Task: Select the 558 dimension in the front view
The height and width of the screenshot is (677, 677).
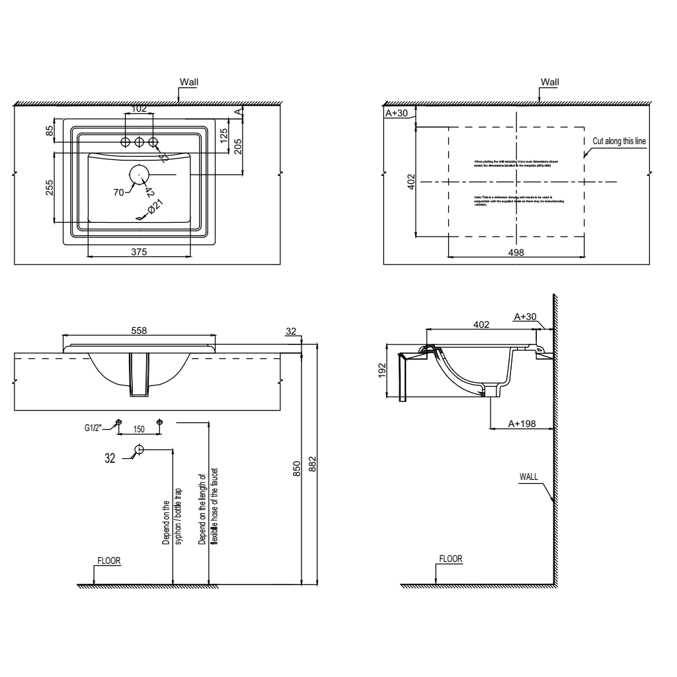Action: tap(138, 330)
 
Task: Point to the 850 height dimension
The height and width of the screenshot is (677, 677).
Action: tap(298, 469)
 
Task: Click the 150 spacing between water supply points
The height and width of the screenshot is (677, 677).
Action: tap(139, 429)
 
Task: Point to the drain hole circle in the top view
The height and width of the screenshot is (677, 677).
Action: tap(139, 174)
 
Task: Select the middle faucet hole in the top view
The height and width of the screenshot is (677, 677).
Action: tap(139, 142)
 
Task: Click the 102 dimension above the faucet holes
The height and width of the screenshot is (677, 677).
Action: tap(139, 108)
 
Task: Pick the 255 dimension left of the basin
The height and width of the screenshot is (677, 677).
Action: tap(50, 187)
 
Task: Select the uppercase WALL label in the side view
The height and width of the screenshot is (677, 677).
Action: tap(529, 476)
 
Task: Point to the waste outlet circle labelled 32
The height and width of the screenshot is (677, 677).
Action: tap(139, 450)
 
